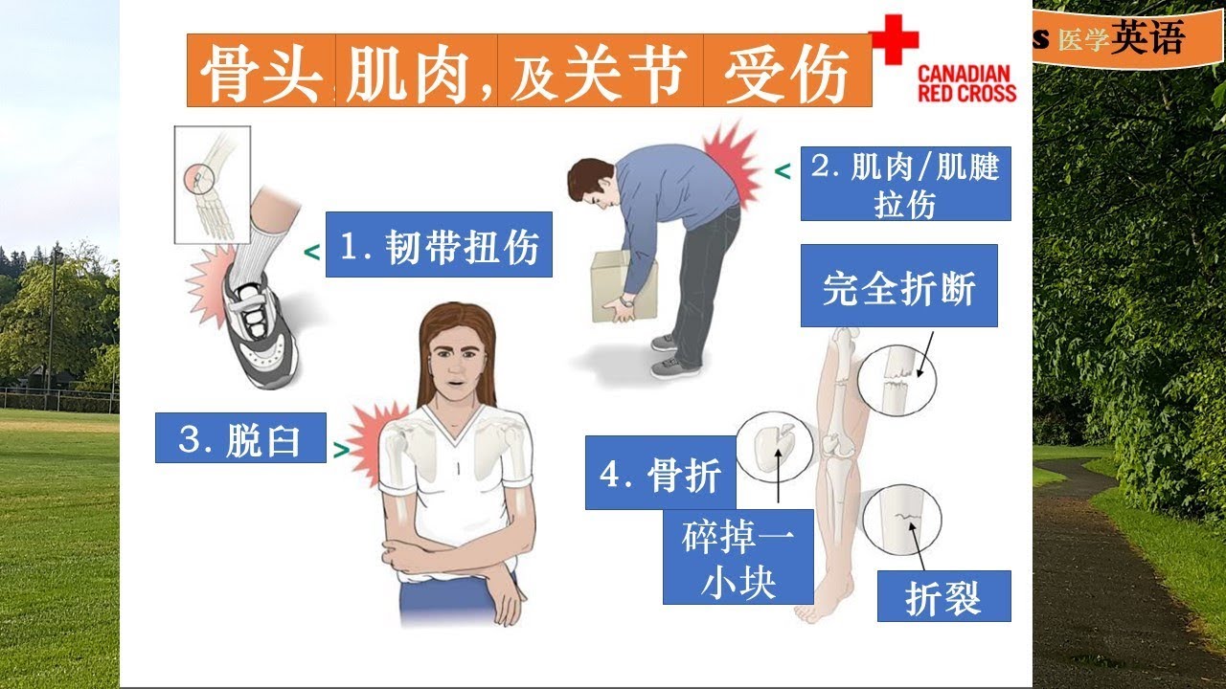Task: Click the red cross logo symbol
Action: tap(894, 40)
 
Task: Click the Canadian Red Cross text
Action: tap(966, 83)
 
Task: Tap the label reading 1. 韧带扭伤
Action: tap(439, 245)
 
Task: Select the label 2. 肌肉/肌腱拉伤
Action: tap(905, 184)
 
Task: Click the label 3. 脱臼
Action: tap(240, 438)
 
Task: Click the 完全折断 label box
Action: tap(898, 286)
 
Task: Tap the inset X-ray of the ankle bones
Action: tap(212, 184)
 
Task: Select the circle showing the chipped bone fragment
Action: tap(774, 446)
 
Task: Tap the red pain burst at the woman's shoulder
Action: tap(369, 441)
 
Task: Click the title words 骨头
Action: tap(260, 71)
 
